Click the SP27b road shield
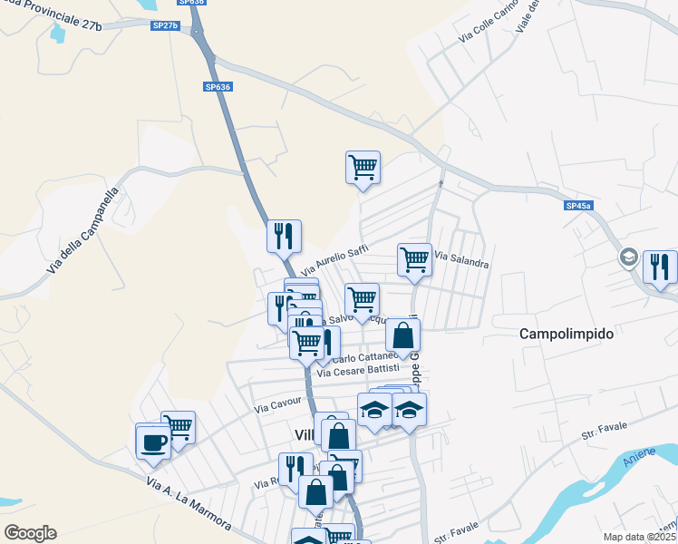[x=165, y=25]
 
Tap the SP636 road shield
[x=218, y=87]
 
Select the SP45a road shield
[x=578, y=207]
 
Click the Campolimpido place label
[x=567, y=334]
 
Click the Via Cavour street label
[x=277, y=404]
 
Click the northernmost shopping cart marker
[x=363, y=168]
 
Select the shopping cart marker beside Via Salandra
[x=414, y=259]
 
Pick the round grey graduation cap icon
[x=628, y=258]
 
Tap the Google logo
[x=30, y=533]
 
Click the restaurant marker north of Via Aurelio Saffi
[x=284, y=237]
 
